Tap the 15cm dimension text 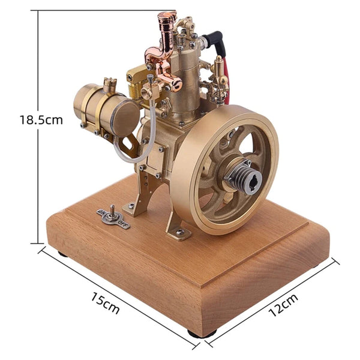pyautogui.click(x=106, y=303)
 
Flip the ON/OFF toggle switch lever pyautogui.click(x=112, y=210)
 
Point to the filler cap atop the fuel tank pyautogui.click(x=109, y=84)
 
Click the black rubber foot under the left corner pyautogui.click(x=63, y=254)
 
